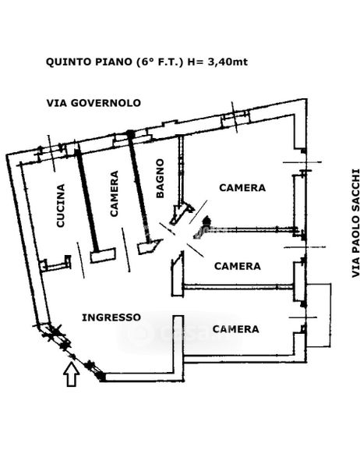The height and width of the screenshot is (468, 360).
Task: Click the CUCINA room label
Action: (61, 206)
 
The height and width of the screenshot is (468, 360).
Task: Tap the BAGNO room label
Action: (161, 178)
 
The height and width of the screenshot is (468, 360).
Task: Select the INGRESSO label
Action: (111, 317)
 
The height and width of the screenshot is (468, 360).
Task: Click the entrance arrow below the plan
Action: (72, 374)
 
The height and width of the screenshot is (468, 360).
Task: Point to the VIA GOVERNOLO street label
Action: (94, 103)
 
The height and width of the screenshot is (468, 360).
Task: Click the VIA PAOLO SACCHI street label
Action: (356, 223)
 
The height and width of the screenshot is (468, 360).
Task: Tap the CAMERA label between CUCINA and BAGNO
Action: (115, 193)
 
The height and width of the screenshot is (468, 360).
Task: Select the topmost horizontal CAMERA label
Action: (242, 188)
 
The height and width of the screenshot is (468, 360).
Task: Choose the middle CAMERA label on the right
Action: (238, 266)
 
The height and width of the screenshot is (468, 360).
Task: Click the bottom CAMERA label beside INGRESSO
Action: (235, 329)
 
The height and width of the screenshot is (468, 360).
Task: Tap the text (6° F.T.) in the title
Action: (159, 62)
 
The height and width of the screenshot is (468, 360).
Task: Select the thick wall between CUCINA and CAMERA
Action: (86, 200)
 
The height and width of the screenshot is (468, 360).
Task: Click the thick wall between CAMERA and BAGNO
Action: (138, 187)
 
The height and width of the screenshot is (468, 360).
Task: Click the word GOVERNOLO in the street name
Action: (106, 103)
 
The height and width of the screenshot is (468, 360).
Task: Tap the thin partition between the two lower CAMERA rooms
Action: (238, 287)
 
